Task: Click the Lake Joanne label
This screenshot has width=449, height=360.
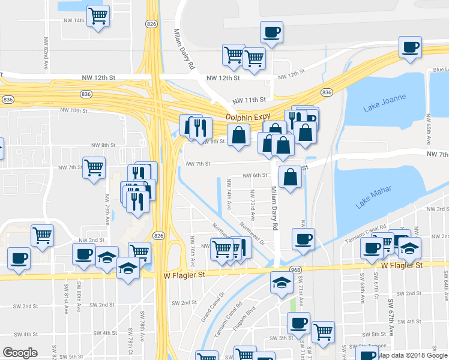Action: click(x=385, y=103)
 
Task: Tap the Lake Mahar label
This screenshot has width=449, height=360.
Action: click(x=373, y=197)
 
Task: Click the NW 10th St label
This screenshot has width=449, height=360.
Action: click(x=74, y=111)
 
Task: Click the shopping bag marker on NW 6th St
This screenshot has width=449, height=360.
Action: click(x=290, y=178)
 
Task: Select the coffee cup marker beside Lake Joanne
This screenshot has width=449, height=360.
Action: click(x=410, y=47)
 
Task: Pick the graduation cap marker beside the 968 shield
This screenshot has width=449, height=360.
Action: click(x=280, y=283)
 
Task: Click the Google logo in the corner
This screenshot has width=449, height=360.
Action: click(x=20, y=353)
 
